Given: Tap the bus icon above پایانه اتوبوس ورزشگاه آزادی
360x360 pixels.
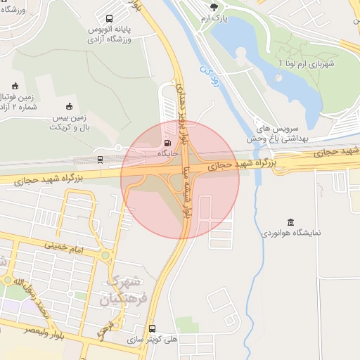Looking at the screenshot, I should coord(109,19).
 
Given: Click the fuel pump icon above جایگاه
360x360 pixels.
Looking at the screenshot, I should coord(166,141).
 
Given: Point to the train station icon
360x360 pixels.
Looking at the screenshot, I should coord(100,160).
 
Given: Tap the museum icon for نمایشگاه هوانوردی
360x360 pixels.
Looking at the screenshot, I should coord(291,221).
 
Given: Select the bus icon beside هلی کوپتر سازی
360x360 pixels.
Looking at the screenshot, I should coord(152,328).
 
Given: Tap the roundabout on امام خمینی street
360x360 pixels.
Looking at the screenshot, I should coord(105,255).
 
